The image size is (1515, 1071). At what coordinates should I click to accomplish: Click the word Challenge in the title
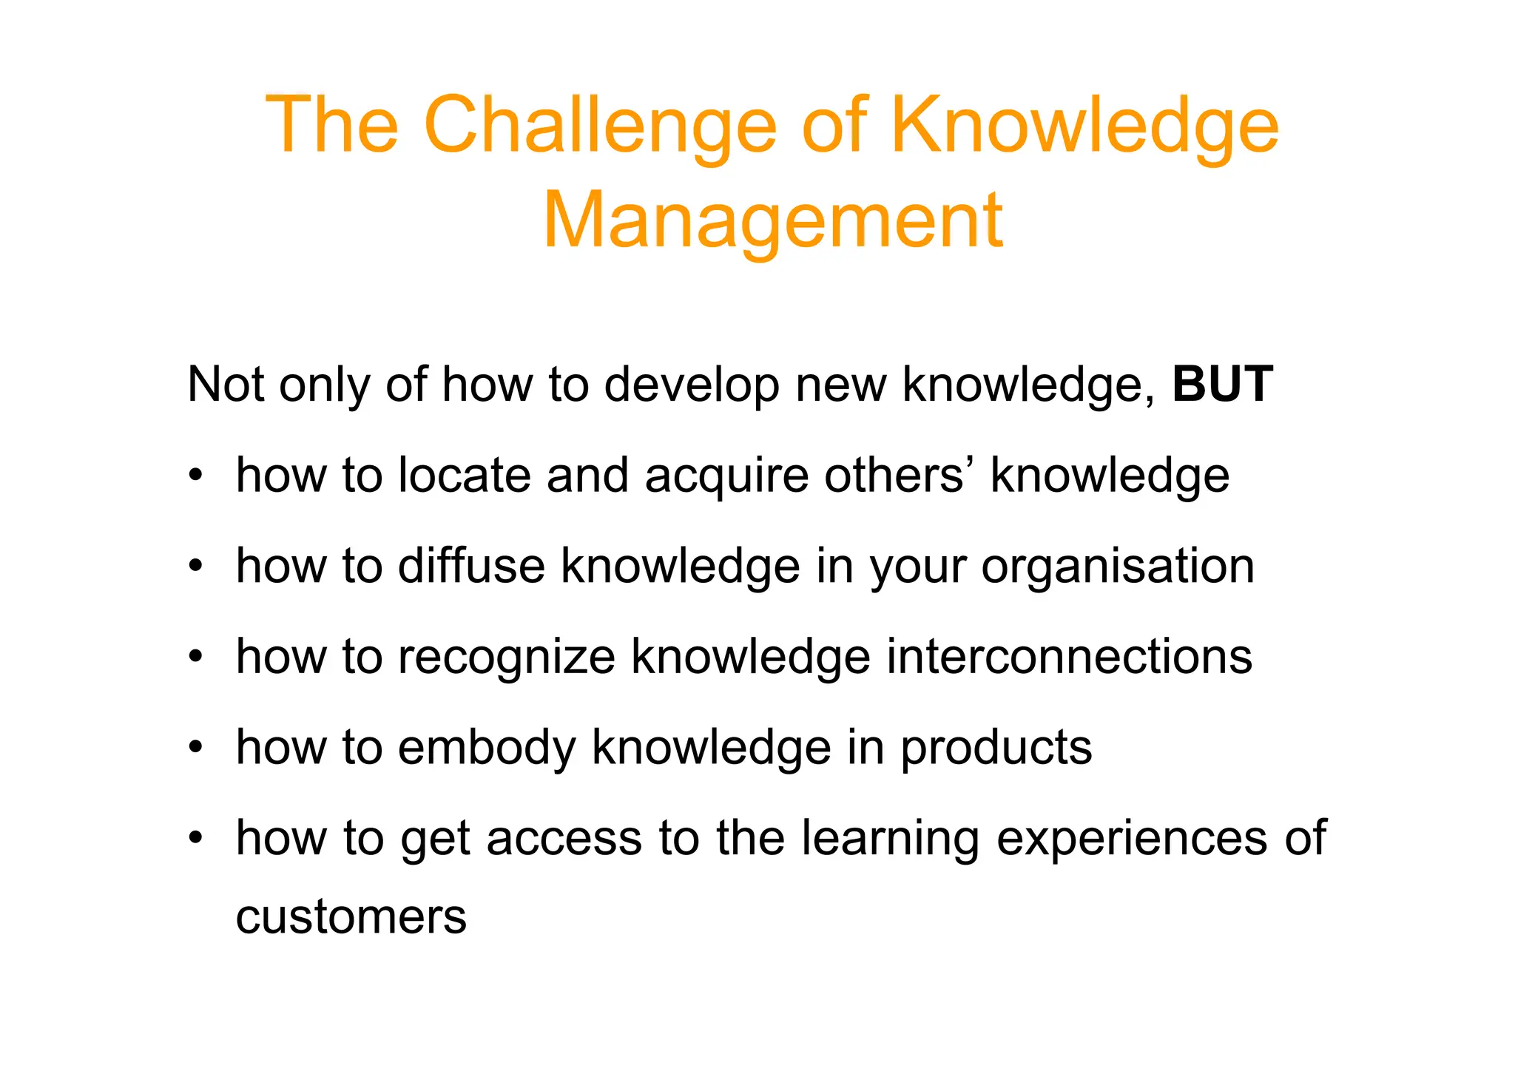(600, 126)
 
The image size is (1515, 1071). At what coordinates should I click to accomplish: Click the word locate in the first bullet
(465, 475)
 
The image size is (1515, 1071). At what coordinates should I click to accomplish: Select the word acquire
(726, 476)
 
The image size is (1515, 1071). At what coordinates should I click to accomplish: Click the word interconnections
(1069, 656)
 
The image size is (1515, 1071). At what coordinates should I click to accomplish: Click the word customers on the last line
(351, 917)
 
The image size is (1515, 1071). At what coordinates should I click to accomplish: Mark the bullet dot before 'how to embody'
(195, 747)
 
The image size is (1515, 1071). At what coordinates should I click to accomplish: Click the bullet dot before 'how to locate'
(195, 475)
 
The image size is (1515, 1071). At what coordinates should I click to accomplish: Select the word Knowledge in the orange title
(1084, 126)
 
